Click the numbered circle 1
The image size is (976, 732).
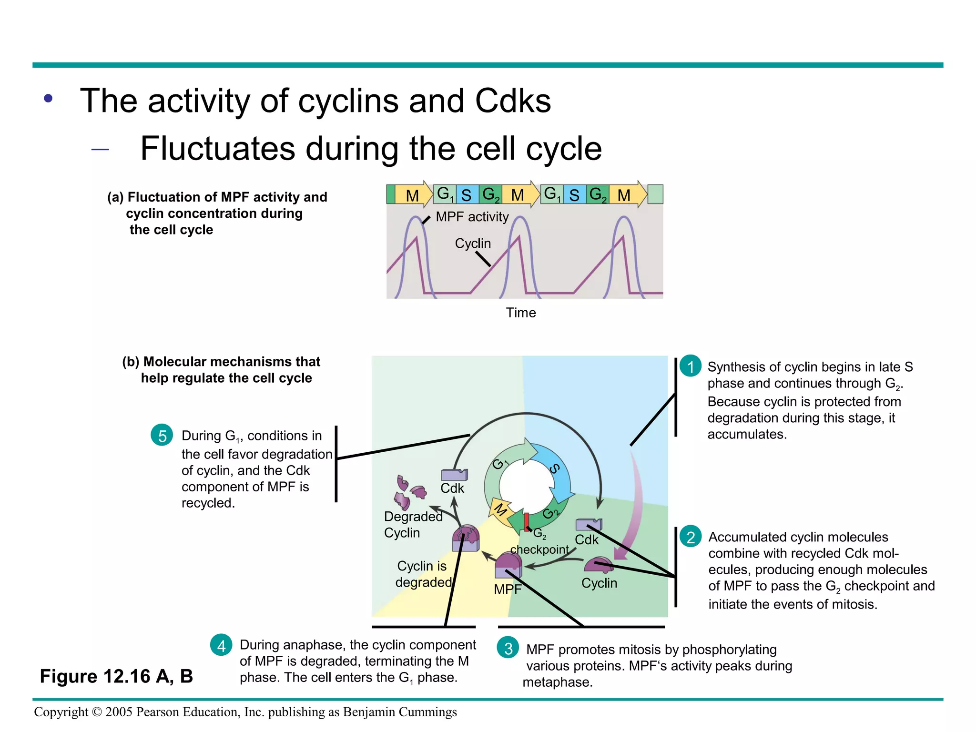click(x=691, y=366)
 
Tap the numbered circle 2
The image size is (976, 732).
click(x=691, y=537)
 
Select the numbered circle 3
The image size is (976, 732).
click(x=508, y=648)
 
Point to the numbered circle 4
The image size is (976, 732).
click(x=221, y=646)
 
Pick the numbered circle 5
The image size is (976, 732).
click(x=162, y=436)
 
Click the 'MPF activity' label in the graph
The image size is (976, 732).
click(x=472, y=217)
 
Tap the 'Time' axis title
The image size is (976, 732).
click(x=521, y=313)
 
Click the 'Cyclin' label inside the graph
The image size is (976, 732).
click(x=473, y=244)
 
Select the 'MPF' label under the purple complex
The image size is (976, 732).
click(x=508, y=590)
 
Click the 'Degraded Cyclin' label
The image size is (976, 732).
click(x=413, y=525)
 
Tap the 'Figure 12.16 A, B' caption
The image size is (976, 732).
click(x=116, y=676)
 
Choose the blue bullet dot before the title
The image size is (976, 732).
click(x=48, y=99)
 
